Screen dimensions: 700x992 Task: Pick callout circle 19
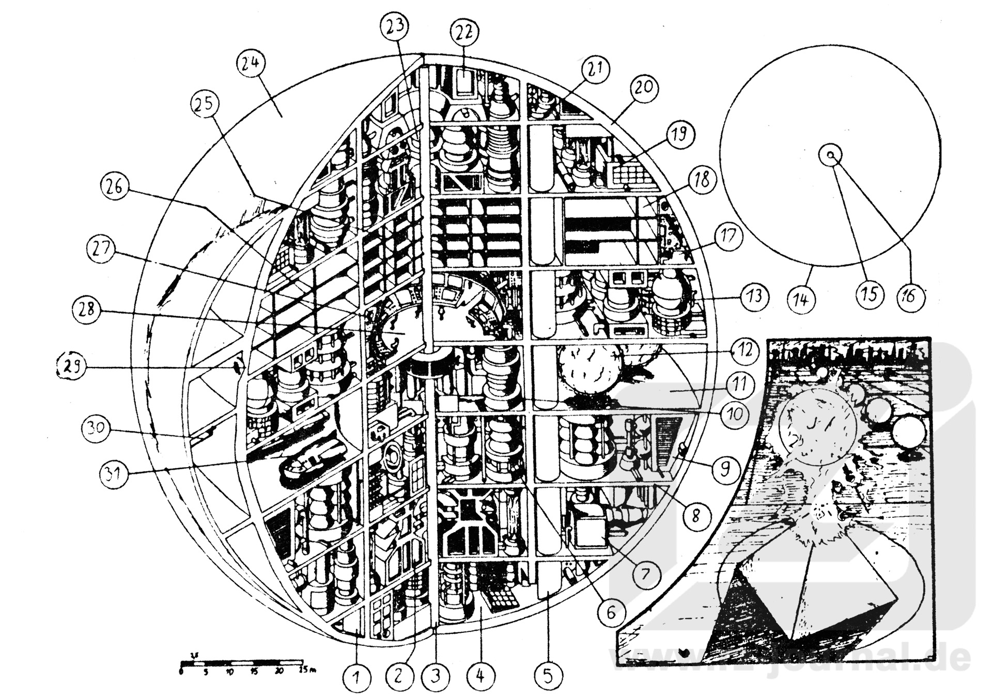click(679, 134)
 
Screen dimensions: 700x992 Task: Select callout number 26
click(114, 187)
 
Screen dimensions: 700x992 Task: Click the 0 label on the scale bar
click(181, 671)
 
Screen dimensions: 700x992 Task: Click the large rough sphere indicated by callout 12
click(589, 373)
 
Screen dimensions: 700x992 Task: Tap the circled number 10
click(734, 413)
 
